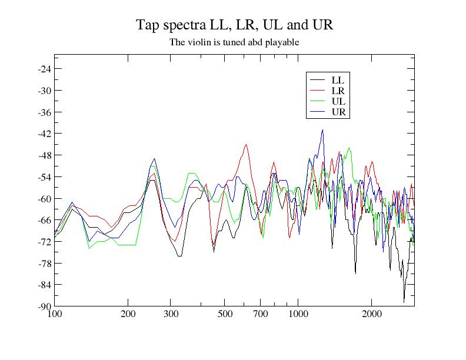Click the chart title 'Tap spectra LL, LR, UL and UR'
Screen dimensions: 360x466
point(235,25)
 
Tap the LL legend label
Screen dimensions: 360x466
point(338,79)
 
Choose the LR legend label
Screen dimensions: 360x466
point(338,91)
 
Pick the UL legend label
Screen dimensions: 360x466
point(338,101)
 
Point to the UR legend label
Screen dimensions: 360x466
point(338,112)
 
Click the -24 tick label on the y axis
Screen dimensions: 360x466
point(44,69)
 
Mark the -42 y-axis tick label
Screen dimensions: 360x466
point(44,134)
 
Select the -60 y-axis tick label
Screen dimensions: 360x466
point(44,198)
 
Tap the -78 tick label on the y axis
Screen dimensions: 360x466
point(44,263)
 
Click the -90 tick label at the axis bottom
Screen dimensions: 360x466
point(44,306)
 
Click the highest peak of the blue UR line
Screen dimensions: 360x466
point(322,130)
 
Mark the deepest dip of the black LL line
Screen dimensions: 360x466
point(404,302)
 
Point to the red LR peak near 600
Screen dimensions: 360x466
point(247,145)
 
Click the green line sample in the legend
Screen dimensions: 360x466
point(318,101)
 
